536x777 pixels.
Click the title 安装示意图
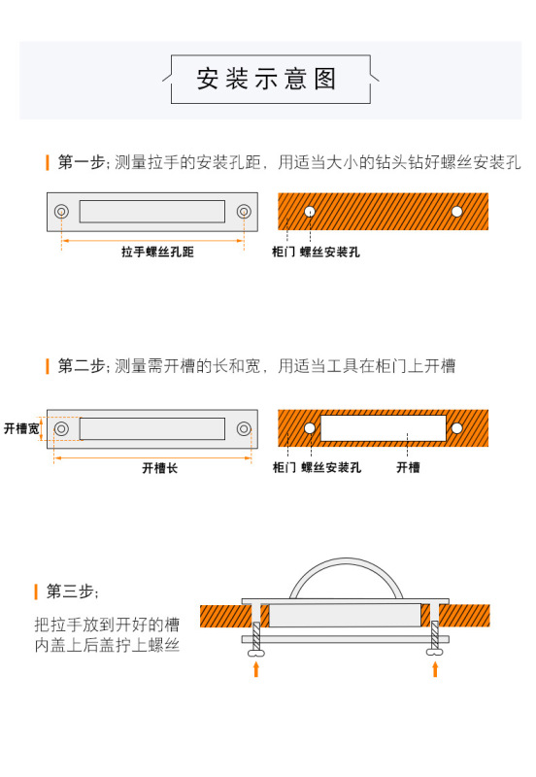(267, 79)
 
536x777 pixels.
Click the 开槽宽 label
(20, 427)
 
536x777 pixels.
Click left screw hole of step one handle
(61, 211)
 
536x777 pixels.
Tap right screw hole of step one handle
(244, 211)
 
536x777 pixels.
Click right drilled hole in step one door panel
(456, 211)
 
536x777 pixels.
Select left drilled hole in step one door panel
(309, 211)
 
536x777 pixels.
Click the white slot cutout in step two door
(383, 427)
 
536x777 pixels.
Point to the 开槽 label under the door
(408, 467)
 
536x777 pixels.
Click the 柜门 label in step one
(285, 253)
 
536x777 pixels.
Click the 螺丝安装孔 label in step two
(331, 467)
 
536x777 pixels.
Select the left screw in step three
(256, 636)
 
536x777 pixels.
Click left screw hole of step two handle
(61, 427)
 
